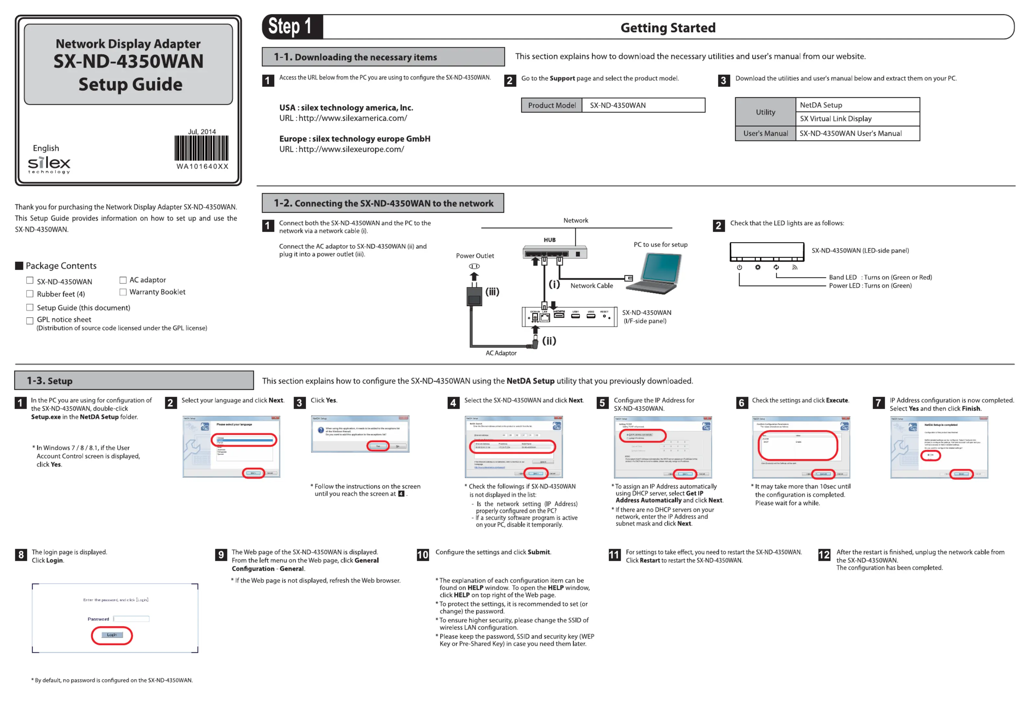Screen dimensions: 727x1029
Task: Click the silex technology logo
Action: (49, 165)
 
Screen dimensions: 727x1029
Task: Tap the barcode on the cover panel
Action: (201, 148)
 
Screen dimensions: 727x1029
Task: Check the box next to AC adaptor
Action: (123, 280)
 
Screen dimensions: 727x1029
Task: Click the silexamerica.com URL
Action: (352, 118)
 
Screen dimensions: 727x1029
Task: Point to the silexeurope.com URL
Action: (351, 150)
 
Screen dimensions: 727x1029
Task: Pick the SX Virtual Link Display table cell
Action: (857, 119)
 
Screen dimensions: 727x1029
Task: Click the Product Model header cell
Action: (552, 105)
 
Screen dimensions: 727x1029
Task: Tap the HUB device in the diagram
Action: (555, 252)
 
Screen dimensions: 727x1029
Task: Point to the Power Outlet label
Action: (475, 256)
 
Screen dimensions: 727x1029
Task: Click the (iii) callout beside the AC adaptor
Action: (492, 292)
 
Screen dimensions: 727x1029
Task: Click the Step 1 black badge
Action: (292, 27)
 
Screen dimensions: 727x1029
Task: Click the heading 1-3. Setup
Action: (50, 381)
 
